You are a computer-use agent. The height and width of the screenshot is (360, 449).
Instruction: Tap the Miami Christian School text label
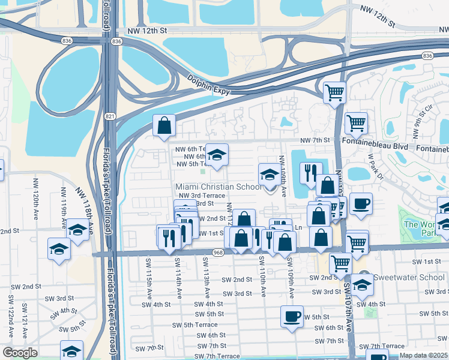(x=218, y=187)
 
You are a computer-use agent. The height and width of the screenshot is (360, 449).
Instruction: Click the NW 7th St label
(x=316, y=140)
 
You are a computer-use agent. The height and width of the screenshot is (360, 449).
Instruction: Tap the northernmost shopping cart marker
(x=334, y=92)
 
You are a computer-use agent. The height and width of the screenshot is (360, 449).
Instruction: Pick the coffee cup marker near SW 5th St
(x=292, y=316)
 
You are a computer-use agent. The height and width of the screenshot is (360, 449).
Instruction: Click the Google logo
(x=20, y=353)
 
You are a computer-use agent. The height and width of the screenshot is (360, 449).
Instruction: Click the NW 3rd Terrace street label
(x=200, y=196)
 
